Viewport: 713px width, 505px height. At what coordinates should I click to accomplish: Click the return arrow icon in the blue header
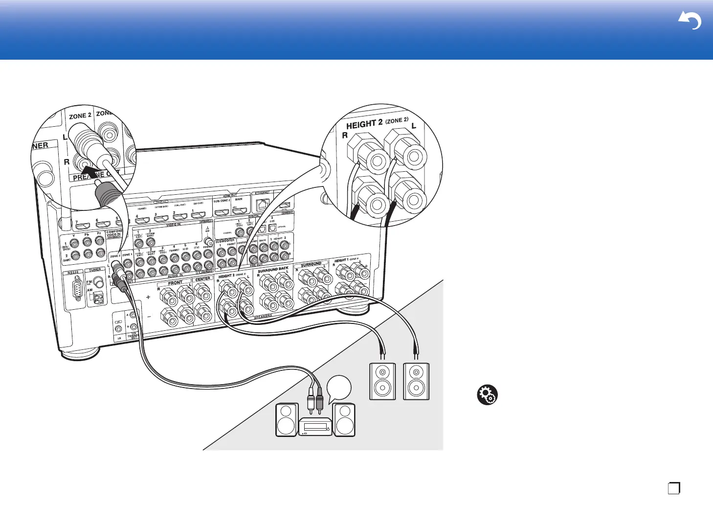point(690,21)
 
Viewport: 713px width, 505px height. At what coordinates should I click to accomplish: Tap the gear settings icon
point(488,394)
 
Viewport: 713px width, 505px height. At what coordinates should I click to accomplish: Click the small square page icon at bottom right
point(674,488)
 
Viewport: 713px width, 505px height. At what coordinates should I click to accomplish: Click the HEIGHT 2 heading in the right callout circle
point(364,124)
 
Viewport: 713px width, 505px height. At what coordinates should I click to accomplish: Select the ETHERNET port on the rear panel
point(263,205)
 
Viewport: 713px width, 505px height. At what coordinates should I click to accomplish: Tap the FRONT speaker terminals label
point(175,283)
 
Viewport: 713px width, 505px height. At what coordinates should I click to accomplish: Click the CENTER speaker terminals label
point(202,279)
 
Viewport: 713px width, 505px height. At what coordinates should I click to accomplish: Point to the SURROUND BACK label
point(273,270)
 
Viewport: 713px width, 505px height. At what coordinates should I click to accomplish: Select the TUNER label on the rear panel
point(95,270)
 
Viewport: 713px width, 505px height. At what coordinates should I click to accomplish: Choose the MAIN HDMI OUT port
point(239,211)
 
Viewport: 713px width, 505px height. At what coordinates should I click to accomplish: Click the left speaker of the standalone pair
point(382,381)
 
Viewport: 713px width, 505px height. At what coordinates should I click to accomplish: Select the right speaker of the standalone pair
point(416,381)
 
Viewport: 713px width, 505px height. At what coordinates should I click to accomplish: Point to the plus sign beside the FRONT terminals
point(148,297)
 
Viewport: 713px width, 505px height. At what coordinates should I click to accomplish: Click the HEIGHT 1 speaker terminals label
point(346,260)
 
